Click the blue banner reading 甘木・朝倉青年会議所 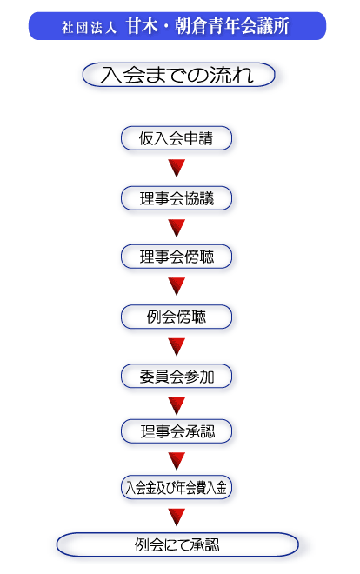[177, 26]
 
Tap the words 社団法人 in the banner [89, 28]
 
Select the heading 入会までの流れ [178, 75]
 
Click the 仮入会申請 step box [177, 138]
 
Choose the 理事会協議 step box [177, 198]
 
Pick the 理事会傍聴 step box [177, 257]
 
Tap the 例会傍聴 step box [177, 317]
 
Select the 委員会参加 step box [177, 377]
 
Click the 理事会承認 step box [177, 431]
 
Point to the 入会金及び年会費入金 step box [177, 487]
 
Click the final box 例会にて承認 [177, 544]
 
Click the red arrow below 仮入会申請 [177, 168]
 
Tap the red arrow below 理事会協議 [177, 228]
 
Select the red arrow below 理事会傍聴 [177, 286]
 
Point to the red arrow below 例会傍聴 [177, 347]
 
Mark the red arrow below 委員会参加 [177, 406]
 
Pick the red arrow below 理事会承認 [177, 461]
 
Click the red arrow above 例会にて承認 [177, 517]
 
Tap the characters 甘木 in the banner [142, 26]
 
